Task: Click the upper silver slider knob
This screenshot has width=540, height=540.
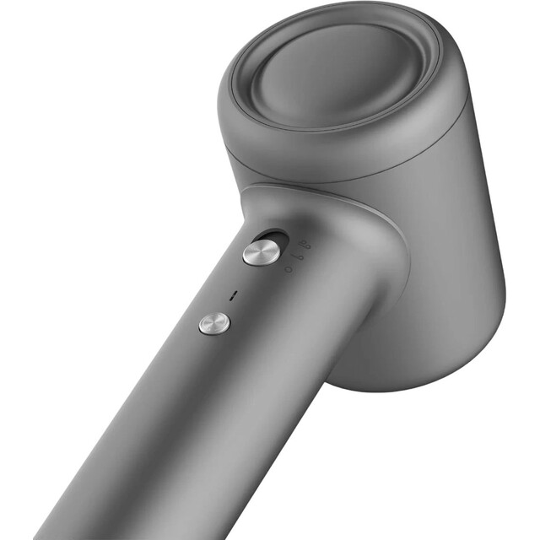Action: point(261,251)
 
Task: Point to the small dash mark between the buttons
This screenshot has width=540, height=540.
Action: point(234,294)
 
